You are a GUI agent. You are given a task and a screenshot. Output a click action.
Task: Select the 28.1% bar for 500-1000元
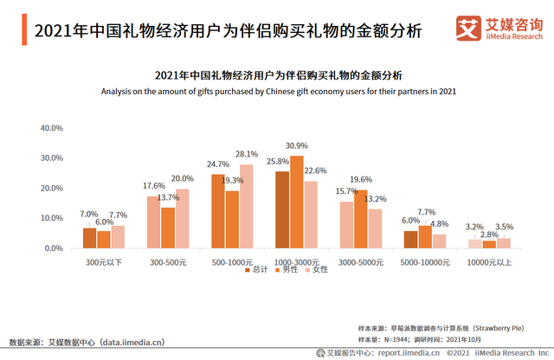point(247,206)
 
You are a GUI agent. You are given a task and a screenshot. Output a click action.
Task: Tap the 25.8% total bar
point(282,209)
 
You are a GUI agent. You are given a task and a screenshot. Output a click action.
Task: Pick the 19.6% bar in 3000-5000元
point(361,219)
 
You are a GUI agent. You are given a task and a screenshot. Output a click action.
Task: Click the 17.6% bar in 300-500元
point(153,222)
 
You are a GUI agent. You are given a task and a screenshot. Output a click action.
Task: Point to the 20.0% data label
point(183,178)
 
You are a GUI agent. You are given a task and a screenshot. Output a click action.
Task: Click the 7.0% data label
point(89,214)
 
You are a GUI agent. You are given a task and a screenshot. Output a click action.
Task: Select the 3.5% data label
point(505,227)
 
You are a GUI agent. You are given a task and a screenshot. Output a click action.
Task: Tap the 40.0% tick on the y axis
point(52,128)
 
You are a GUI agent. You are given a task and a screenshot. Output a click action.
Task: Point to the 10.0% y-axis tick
point(52,219)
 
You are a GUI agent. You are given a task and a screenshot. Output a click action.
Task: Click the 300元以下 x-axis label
point(103,260)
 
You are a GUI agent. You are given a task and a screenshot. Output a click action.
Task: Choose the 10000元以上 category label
point(489,260)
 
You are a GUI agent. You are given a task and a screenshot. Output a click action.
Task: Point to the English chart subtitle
point(278,91)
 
